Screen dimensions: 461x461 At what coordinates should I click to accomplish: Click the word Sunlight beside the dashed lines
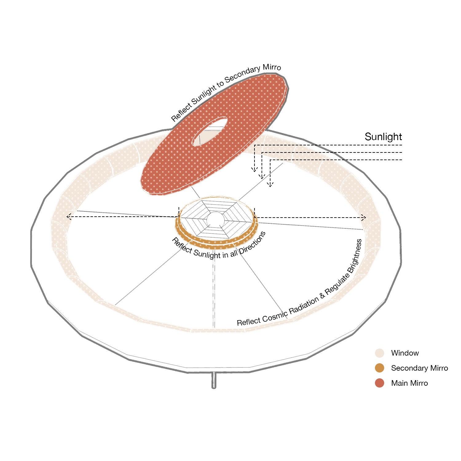click(383, 137)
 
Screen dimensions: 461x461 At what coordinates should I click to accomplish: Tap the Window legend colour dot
click(380, 353)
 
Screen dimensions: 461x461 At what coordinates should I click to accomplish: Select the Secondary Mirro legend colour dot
click(380, 368)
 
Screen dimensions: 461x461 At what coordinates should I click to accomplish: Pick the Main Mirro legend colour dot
click(380, 383)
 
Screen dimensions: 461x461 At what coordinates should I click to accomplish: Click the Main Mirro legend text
click(409, 383)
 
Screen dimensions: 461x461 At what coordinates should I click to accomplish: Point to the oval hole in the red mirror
click(210, 132)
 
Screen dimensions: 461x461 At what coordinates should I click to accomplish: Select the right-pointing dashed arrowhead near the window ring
click(364, 218)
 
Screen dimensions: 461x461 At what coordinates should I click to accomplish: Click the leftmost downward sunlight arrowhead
click(254, 169)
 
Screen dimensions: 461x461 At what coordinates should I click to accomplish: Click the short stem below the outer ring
click(214, 380)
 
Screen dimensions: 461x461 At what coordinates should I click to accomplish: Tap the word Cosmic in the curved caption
click(275, 316)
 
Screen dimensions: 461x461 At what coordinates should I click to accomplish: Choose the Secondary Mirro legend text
click(420, 368)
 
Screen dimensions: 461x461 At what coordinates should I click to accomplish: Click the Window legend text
click(405, 353)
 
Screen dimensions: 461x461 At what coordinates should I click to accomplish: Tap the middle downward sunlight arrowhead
click(262, 177)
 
